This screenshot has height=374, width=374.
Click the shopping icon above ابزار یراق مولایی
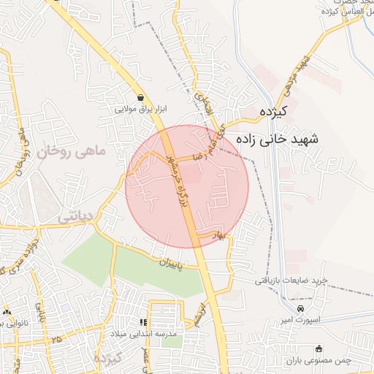pyautogui.click(x=140, y=97)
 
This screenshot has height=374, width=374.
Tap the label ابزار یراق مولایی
pyautogui.click(x=141, y=110)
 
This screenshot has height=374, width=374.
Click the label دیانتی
pyautogui.click(x=75, y=217)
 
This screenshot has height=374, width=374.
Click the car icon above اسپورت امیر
pyautogui.click(x=291, y=308)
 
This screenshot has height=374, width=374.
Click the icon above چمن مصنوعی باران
pyautogui.click(x=316, y=348)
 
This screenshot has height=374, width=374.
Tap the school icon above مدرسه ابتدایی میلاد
pyautogui.click(x=144, y=321)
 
